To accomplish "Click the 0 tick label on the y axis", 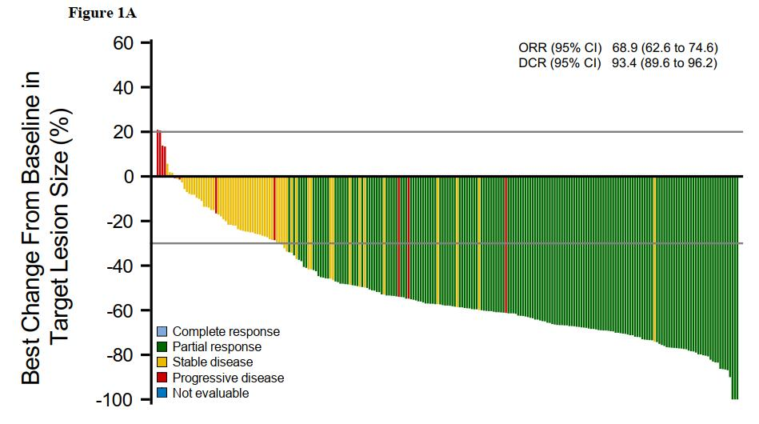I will (129, 177).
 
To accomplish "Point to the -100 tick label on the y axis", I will (116, 400).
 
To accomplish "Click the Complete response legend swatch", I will (162, 331).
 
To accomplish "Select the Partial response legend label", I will (217, 347).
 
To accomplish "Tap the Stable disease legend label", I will (213, 362).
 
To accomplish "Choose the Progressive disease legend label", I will (228, 378).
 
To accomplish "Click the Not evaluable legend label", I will (210, 393).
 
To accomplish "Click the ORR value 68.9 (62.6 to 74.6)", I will (664, 48).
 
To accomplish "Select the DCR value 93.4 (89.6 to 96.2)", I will (664, 63).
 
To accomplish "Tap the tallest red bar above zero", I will (158, 153).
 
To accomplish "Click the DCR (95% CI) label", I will (560, 63).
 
